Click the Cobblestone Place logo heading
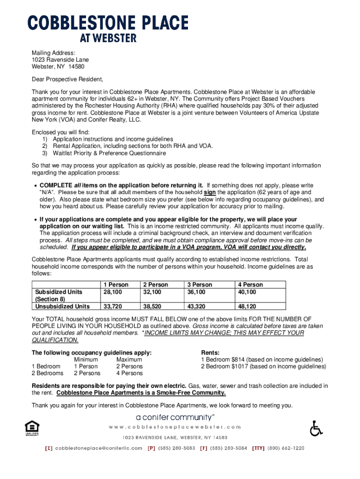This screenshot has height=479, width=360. [x=108, y=27]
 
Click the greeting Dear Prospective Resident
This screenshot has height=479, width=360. [x=67, y=79]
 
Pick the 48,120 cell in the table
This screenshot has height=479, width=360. [x=247, y=306]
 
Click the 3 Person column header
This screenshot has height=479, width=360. [x=200, y=284]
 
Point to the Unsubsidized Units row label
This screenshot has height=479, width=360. [x=62, y=306]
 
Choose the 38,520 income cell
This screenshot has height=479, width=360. [x=152, y=306]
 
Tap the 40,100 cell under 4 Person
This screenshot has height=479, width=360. [x=247, y=292]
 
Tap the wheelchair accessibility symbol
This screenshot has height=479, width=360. [x=317, y=428]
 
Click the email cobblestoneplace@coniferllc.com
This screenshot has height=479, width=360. [x=99, y=448]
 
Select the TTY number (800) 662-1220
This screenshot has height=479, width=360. [x=286, y=448]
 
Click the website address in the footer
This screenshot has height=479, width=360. [x=175, y=427]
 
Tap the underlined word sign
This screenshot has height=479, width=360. [x=209, y=192]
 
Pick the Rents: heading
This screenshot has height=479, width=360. [x=210, y=352]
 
